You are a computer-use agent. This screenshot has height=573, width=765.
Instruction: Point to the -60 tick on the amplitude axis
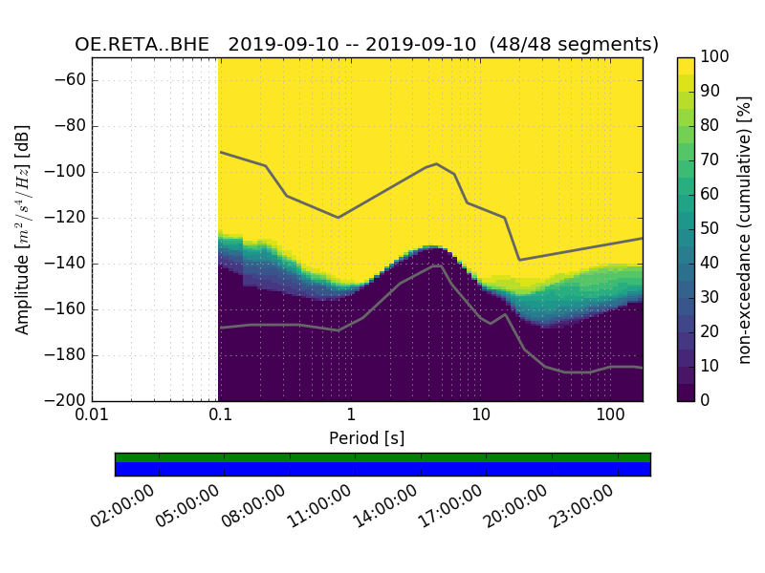pos(73,80)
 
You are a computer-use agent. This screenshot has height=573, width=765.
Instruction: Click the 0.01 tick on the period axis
pos(92,415)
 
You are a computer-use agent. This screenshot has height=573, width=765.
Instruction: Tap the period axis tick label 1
pos(350,415)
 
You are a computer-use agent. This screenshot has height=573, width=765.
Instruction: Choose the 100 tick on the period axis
pos(609,415)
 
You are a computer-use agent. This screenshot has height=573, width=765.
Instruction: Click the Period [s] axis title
pos(366,438)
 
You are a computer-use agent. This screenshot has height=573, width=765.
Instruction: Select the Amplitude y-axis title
pos(23,229)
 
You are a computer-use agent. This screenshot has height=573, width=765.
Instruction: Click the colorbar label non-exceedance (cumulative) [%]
pos(746,229)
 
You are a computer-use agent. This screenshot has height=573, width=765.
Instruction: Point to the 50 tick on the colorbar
pos(710,229)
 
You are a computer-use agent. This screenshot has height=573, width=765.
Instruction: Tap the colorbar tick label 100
pos(715,57)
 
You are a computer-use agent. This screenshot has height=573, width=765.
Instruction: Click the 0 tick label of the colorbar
pos(706,400)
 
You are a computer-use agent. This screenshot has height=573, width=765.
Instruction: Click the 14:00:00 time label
pos(384,507)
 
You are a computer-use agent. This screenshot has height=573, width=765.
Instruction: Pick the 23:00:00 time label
pos(581,507)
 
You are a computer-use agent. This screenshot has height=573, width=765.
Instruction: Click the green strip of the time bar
pos(382,457)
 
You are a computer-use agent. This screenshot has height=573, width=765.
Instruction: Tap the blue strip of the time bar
pos(382,469)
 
